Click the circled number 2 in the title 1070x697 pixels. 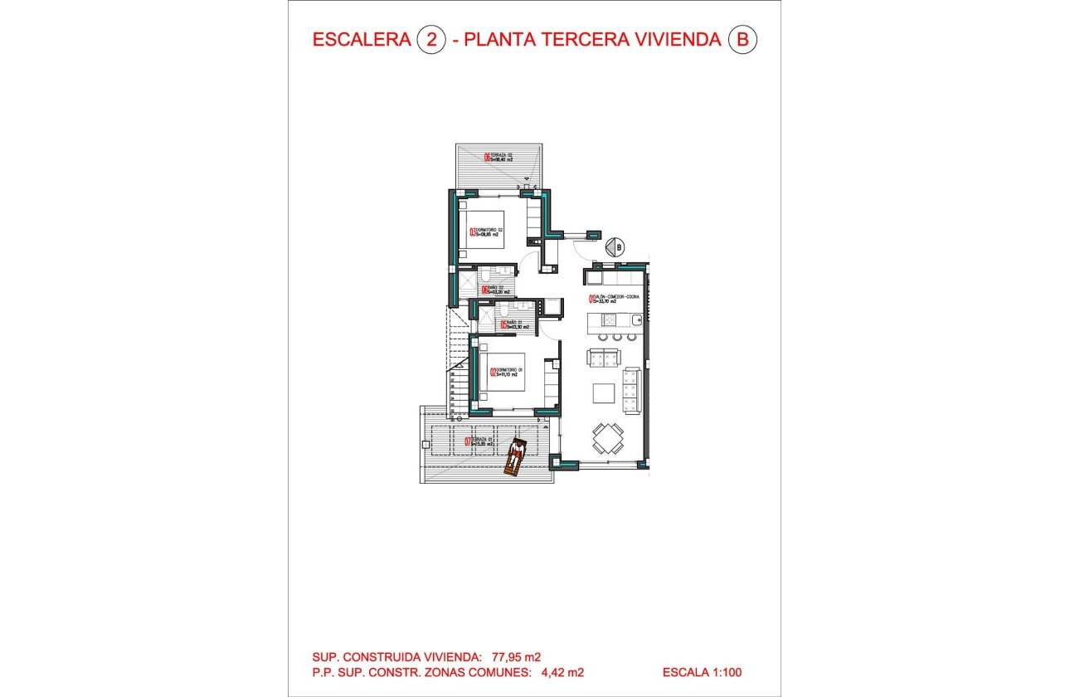[x=431, y=40]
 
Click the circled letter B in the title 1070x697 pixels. [x=742, y=40]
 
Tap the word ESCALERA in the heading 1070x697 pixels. [x=362, y=40]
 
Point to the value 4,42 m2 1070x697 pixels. [x=559, y=673]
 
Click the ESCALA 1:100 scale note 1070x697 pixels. [x=708, y=673]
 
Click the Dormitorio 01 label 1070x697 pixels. [x=505, y=373]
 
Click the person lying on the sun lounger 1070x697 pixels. [x=516, y=455]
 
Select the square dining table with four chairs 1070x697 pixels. [x=608, y=438]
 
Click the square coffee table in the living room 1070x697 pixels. [x=603, y=393]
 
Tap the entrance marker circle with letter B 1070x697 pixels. [x=614, y=246]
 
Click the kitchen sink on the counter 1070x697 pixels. [x=635, y=320]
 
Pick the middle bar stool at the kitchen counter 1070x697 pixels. [x=617, y=338]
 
